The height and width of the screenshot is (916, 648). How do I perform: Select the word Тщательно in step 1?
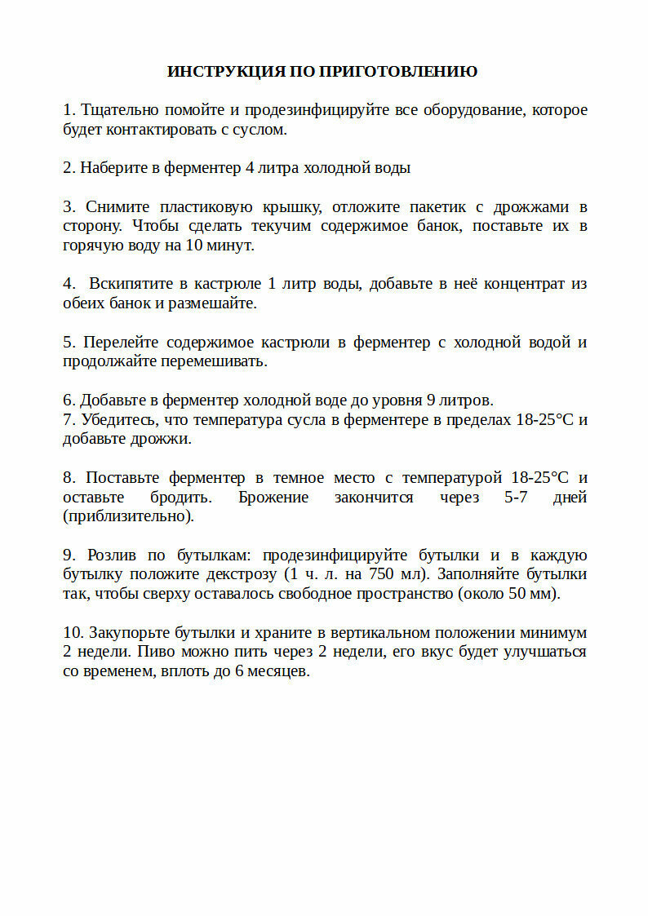(120, 110)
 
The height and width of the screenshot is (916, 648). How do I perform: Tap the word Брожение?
(273, 498)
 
